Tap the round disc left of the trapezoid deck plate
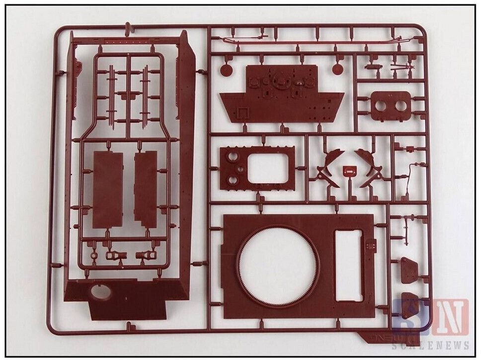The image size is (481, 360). click(x=225, y=69)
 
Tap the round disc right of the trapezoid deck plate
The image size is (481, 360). click(x=338, y=69)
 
